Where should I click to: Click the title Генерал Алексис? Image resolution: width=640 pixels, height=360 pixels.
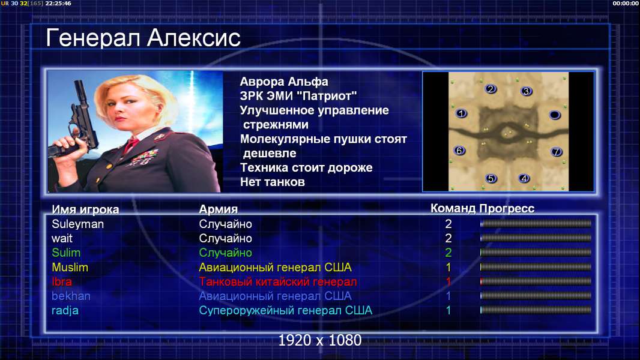143,38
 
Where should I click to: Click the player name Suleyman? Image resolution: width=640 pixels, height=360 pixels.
77,224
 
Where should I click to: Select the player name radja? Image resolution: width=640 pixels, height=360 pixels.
65,311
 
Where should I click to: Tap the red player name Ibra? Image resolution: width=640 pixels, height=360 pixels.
62,282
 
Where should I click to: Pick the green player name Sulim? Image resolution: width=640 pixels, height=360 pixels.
66,253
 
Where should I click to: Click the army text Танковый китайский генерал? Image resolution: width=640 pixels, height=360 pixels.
278,282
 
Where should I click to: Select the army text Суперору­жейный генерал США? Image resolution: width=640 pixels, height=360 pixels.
286,311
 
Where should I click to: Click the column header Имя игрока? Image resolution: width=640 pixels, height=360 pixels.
85,209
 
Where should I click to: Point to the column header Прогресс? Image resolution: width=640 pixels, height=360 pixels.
507,209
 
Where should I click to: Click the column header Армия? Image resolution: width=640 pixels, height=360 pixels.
219,209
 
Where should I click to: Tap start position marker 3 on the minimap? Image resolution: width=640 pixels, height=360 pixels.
527,91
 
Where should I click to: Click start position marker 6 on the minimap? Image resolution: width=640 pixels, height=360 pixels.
460,151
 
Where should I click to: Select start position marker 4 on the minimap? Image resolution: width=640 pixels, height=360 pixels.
524,178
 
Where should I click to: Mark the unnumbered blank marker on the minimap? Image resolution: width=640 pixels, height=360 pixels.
555,115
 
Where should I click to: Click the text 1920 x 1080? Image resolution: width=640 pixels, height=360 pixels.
320,340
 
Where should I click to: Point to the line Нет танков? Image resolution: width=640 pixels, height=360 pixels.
273,182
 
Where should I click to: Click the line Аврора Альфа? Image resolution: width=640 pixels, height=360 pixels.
284,82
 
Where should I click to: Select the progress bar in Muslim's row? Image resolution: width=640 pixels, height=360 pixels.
536,267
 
